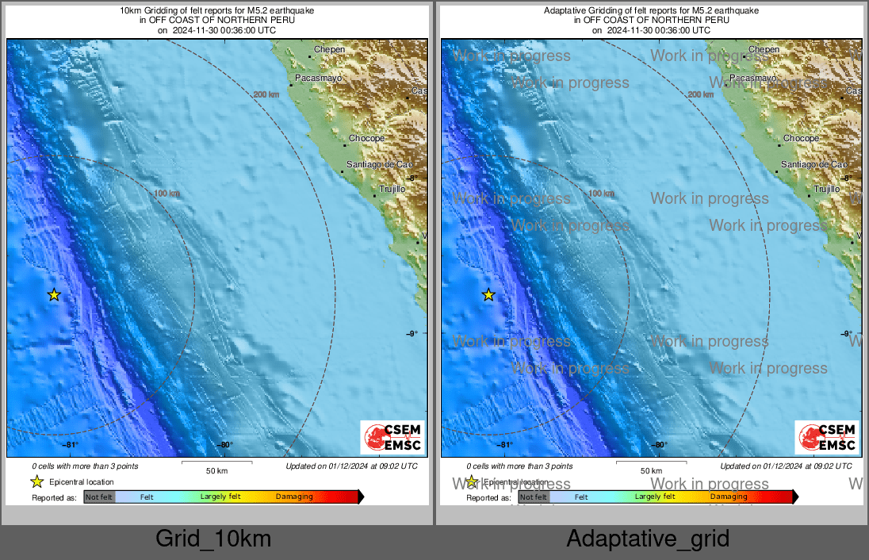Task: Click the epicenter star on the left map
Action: [x=54, y=295]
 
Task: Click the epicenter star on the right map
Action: [x=488, y=295]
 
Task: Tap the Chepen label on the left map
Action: [x=330, y=49]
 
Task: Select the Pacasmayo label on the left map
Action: [x=318, y=78]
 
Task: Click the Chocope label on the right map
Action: [x=801, y=138]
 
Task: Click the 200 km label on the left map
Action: [x=266, y=94]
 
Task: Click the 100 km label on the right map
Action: [x=602, y=193]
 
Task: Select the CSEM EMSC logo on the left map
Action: [x=392, y=438]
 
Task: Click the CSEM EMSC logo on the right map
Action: [x=827, y=438]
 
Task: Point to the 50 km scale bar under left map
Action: [x=216, y=462]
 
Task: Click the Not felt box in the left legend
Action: [x=99, y=497]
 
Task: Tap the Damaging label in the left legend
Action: [x=294, y=497]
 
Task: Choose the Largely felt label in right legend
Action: [x=655, y=497]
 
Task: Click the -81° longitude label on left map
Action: [x=70, y=445]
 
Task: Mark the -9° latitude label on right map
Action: [x=845, y=334]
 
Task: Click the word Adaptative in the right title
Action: [x=564, y=10]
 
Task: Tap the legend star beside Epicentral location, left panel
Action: [x=37, y=481]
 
